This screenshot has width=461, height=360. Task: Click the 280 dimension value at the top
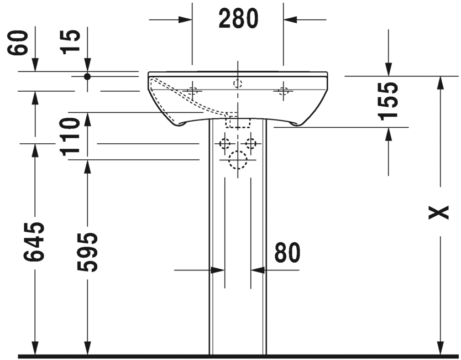tap(238, 19)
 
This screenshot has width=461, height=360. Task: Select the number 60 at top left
tap(18, 41)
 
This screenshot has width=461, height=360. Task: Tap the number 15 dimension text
tap(71, 41)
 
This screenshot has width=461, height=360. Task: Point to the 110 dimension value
tap(71, 136)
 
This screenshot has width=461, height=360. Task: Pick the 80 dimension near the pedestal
tap(287, 253)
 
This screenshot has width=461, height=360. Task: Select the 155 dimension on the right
tap(389, 101)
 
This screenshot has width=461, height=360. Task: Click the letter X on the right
tap(439, 212)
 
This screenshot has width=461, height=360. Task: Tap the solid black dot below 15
tap(87, 76)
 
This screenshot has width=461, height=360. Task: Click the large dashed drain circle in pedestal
tap(238, 160)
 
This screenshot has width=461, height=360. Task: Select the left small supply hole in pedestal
tap(224, 144)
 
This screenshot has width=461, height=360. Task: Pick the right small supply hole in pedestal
tap(251, 144)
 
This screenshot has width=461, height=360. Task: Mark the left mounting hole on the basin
tap(192, 91)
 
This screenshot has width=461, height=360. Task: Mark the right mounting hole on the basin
tap(284, 91)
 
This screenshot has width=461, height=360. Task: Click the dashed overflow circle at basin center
tap(238, 84)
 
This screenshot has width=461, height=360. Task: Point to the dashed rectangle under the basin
tap(238, 121)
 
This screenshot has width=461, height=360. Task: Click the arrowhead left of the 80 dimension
tap(217, 270)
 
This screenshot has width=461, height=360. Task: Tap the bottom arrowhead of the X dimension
tap(440, 347)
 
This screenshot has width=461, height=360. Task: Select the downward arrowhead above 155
tap(389, 69)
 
